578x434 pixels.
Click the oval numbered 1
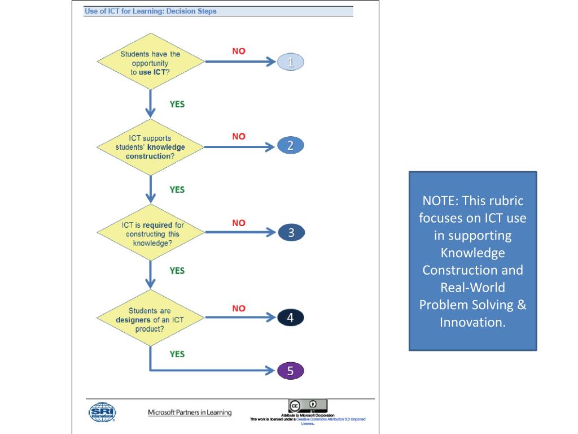(291, 63)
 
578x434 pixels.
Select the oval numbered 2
(291, 146)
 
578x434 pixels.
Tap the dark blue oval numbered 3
(291, 232)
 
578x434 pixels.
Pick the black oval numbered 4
(291, 318)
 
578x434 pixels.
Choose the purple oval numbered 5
(291, 371)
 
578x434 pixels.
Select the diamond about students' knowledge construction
(150, 147)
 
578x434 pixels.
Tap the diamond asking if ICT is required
(150, 233)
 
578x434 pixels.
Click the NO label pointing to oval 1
(239, 51)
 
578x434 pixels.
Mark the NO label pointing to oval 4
(239, 309)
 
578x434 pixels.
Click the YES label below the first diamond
(177, 104)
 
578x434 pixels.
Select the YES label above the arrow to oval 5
(177, 354)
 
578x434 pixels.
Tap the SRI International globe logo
(102, 412)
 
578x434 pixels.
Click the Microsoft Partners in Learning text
(190, 413)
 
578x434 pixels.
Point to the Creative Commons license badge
(308, 406)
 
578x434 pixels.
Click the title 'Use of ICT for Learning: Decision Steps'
(150, 11)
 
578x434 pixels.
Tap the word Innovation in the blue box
(472, 323)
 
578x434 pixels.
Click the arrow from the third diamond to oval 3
(239, 232)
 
